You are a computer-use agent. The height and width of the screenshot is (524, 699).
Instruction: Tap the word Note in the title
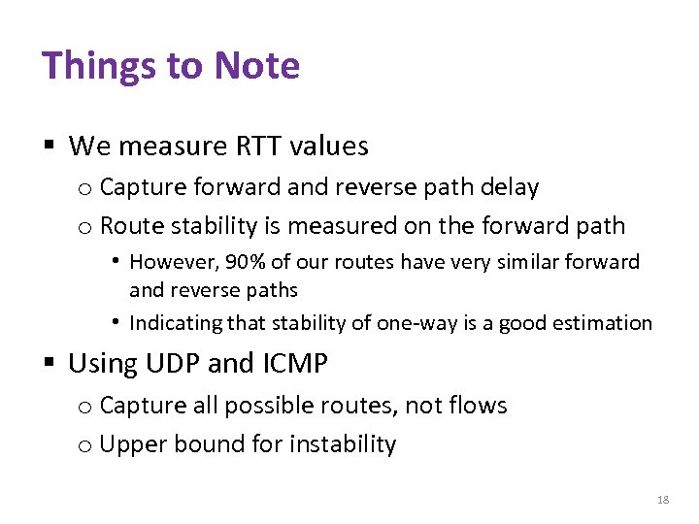[x=257, y=66]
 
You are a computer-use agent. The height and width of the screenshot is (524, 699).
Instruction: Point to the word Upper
[x=129, y=444]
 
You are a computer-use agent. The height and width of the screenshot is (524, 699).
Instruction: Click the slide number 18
[x=663, y=500]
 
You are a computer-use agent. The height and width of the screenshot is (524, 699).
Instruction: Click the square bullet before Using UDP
[x=48, y=365]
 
